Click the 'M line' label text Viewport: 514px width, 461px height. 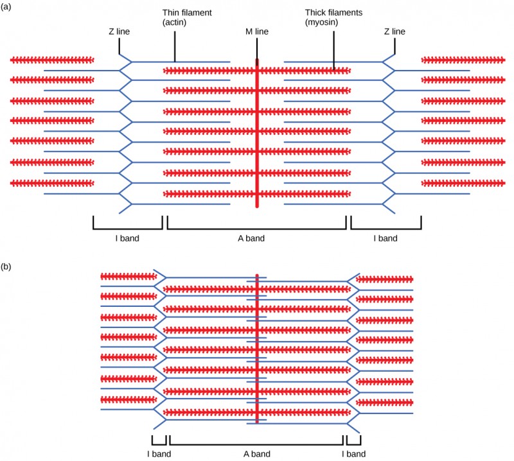[256, 30]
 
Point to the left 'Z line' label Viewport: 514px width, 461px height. [120, 30]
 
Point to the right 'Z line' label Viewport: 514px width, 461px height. [394, 30]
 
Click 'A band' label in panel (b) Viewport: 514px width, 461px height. [256, 454]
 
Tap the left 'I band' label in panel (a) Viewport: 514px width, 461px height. [127, 238]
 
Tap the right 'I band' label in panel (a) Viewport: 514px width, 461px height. [385, 238]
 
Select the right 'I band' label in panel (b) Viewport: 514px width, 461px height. [353, 454]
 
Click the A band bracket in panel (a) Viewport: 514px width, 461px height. [256, 228]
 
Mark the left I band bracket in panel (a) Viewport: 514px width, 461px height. [127, 228]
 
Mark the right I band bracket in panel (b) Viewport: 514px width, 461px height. [353, 443]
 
